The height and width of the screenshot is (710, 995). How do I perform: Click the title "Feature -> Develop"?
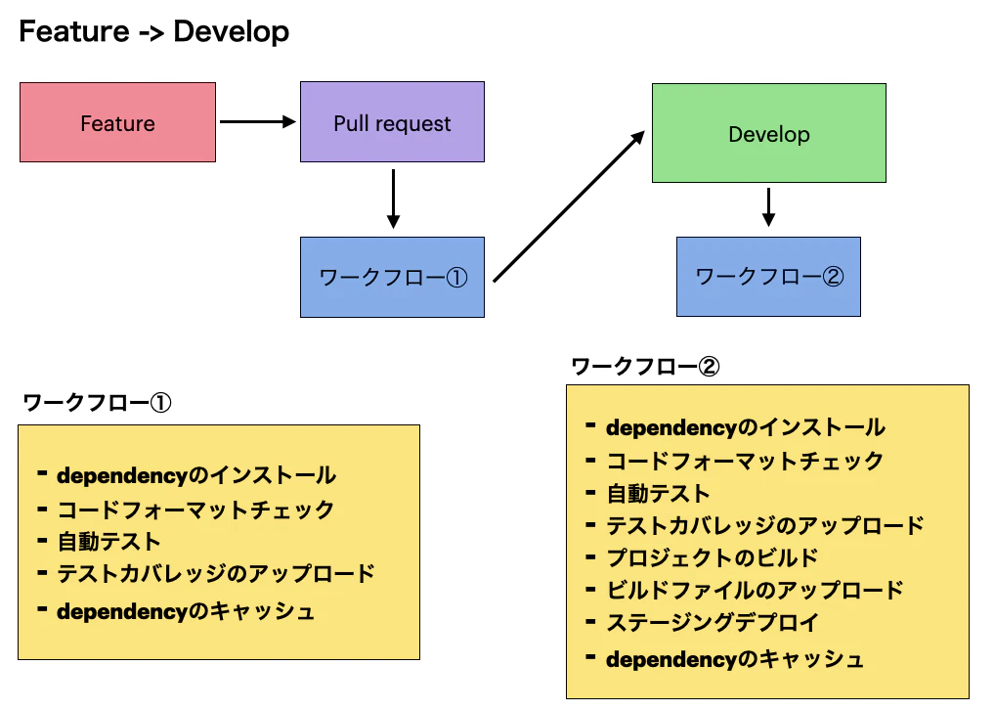tap(153, 31)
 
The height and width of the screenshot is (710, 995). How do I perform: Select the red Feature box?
tap(117, 123)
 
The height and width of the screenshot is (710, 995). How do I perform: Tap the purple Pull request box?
tap(392, 123)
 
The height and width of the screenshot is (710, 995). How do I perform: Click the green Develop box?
tap(768, 134)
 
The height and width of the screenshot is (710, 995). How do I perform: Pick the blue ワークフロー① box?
tap(393, 278)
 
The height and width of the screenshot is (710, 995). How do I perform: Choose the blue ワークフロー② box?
tap(768, 277)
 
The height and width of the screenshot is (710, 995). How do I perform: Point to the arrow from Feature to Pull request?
tap(257, 122)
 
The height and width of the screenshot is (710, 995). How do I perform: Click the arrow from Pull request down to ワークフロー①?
tap(392, 199)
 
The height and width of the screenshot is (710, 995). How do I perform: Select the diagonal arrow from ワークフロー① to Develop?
tap(569, 206)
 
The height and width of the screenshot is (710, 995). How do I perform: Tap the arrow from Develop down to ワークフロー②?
tap(768, 206)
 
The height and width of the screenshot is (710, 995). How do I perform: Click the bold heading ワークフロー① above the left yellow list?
tap(97, 403)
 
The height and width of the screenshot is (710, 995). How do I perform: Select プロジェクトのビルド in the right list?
tap(712, 558)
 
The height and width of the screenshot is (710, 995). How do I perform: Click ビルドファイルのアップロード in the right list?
tap(755, 590)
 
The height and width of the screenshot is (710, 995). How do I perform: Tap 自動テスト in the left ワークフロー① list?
tap(108, 541)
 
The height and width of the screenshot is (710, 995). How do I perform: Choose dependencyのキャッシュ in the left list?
tap(186, 612)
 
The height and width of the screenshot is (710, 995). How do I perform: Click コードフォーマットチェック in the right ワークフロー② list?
tap(744, 462)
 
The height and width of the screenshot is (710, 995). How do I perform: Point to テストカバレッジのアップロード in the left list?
tap(215, 574)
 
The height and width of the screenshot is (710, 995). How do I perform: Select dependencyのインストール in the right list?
tap(745, 428)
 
